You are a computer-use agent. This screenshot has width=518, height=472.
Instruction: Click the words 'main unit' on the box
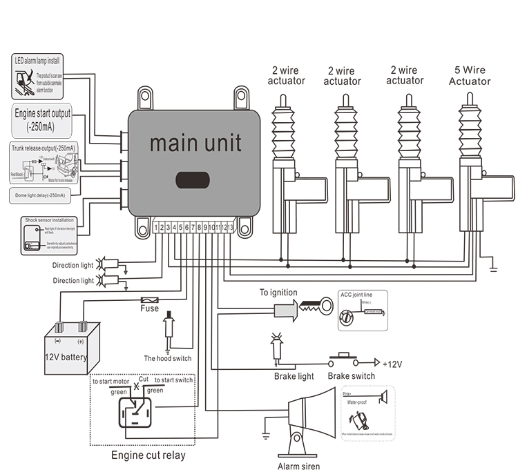pyautogui.click(x=195, y=143)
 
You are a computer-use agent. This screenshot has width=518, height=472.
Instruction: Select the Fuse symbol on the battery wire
pyautogui.click(x=149, y=300)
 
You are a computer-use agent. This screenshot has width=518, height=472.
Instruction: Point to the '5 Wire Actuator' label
pyautogui.click(x=470, y=76)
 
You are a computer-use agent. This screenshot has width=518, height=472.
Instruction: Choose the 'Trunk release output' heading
pyautogui.click(x=43, y=148)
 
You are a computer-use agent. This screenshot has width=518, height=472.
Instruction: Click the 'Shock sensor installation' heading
pyautogui.click(x=50, y=221)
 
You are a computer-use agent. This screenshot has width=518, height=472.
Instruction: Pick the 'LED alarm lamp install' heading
pyautogui.click(x=41, y=61)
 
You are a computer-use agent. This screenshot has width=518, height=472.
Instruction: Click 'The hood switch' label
pyautogui.click(x=167, y=358)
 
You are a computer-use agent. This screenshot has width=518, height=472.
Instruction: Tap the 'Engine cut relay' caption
pyautogui.click(x=148, y=455)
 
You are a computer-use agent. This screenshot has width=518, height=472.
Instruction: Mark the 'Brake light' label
pyautogui.click(x=294, y=376)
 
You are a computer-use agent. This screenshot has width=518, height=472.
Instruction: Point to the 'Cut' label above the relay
pyautogui.click(x=143, y=380)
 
